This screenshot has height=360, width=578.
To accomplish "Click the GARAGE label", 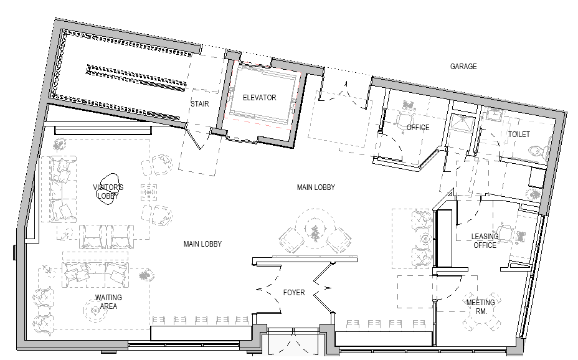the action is (463, 66).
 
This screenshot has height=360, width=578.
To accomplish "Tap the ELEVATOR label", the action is (260, 98).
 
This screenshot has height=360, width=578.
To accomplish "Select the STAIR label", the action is (200, 104).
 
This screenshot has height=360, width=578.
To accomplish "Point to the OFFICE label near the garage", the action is (418, 128).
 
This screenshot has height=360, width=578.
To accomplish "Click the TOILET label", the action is (519, 134).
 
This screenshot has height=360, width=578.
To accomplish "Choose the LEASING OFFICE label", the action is (485, 240).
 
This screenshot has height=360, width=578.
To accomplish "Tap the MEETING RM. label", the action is (481, 306).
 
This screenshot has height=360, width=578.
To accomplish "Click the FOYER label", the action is (294, 293).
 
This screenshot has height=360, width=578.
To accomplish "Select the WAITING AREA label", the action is (108, 302).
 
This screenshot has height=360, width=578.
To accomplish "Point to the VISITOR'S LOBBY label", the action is (108, 192).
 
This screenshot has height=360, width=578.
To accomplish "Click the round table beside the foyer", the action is (315, 231).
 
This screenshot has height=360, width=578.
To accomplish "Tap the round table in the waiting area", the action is (95, 311).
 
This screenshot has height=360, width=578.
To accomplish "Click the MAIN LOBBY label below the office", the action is (316, 187).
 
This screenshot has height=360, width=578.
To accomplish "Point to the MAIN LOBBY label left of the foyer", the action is (202, 244).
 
